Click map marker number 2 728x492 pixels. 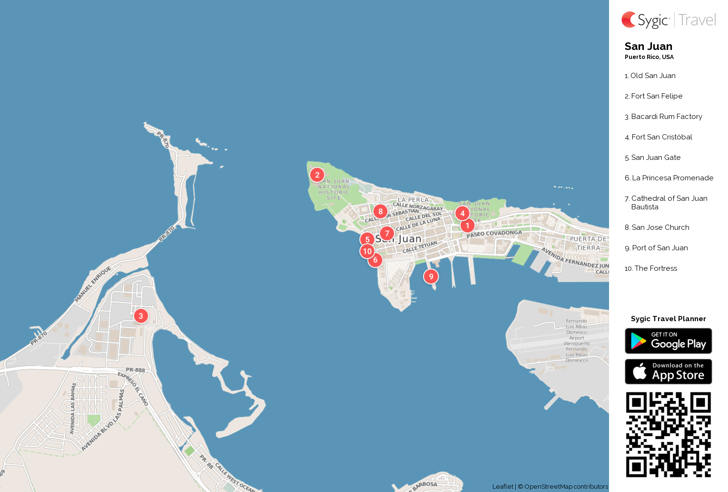317,175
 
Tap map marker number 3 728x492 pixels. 141,316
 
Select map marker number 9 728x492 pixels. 431,276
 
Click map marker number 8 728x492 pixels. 380,211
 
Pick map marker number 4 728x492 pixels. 462,214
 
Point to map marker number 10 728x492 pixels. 367,251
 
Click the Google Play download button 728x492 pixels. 668,341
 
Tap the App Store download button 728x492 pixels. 668,372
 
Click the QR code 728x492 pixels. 668,434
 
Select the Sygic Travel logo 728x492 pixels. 669,20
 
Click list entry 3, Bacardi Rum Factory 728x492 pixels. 666,117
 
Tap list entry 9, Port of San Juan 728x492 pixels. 659,248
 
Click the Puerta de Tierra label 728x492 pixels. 589,243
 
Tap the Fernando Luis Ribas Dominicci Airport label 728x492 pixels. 577,341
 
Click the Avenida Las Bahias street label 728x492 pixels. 73,408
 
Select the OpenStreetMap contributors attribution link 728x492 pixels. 566,487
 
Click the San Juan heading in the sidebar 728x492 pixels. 648,46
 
